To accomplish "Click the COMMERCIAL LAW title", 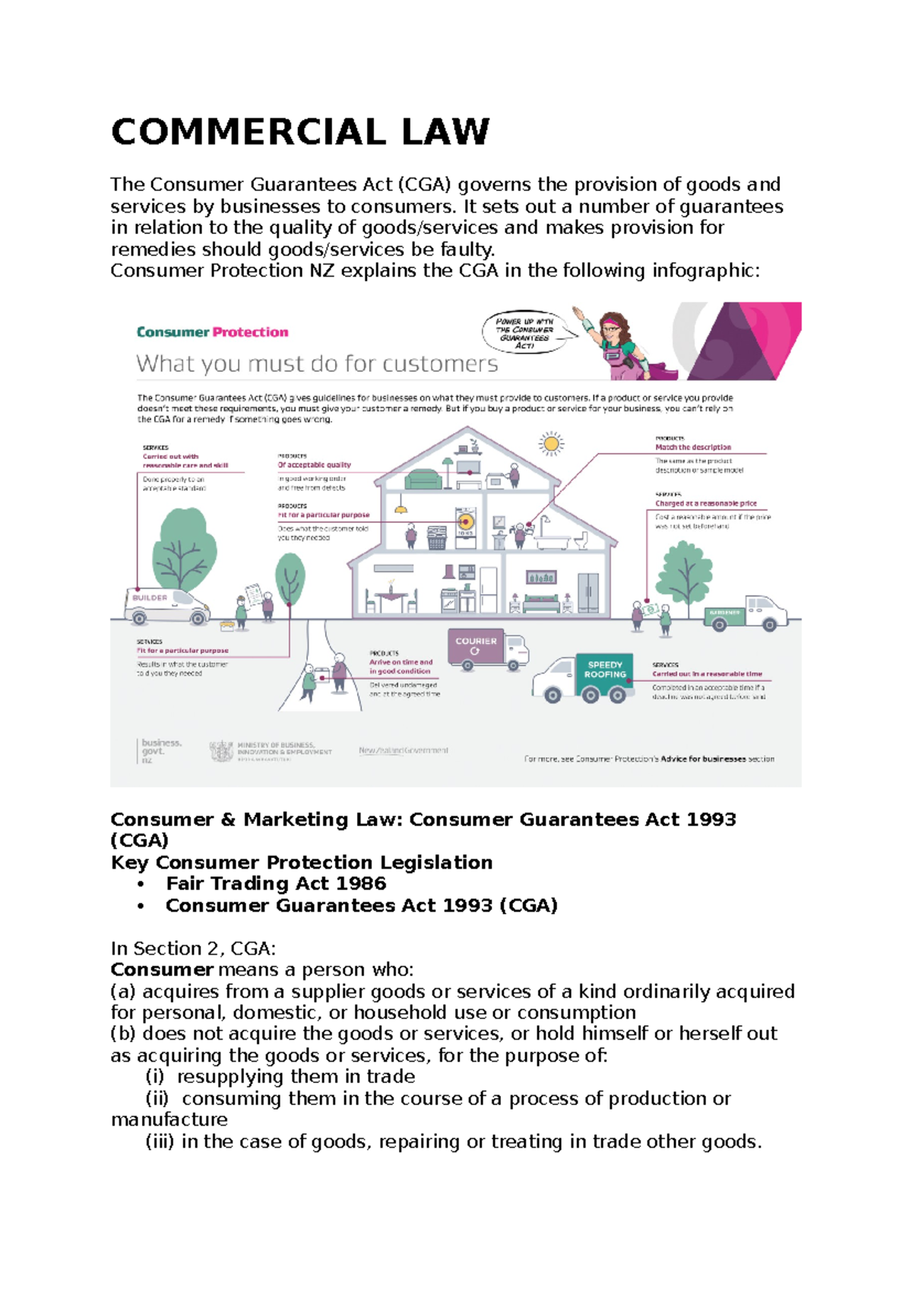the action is [300, 132].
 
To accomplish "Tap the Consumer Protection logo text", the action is [212, 332].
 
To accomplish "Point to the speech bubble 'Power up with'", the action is [524, 332].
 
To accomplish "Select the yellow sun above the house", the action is [551, 443].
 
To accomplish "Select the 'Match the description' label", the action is [693, 448].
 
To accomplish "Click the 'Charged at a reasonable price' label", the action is [706, 503].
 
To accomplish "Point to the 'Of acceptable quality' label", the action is [315, 464].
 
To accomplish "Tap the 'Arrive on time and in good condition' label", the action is [401, 667].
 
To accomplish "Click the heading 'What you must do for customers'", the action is [317, 364].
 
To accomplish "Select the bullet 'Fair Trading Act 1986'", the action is [276, 883].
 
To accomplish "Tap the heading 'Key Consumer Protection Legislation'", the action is [302, 862].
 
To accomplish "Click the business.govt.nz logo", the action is [160, 750].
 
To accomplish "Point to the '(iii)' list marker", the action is [160, 1142].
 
